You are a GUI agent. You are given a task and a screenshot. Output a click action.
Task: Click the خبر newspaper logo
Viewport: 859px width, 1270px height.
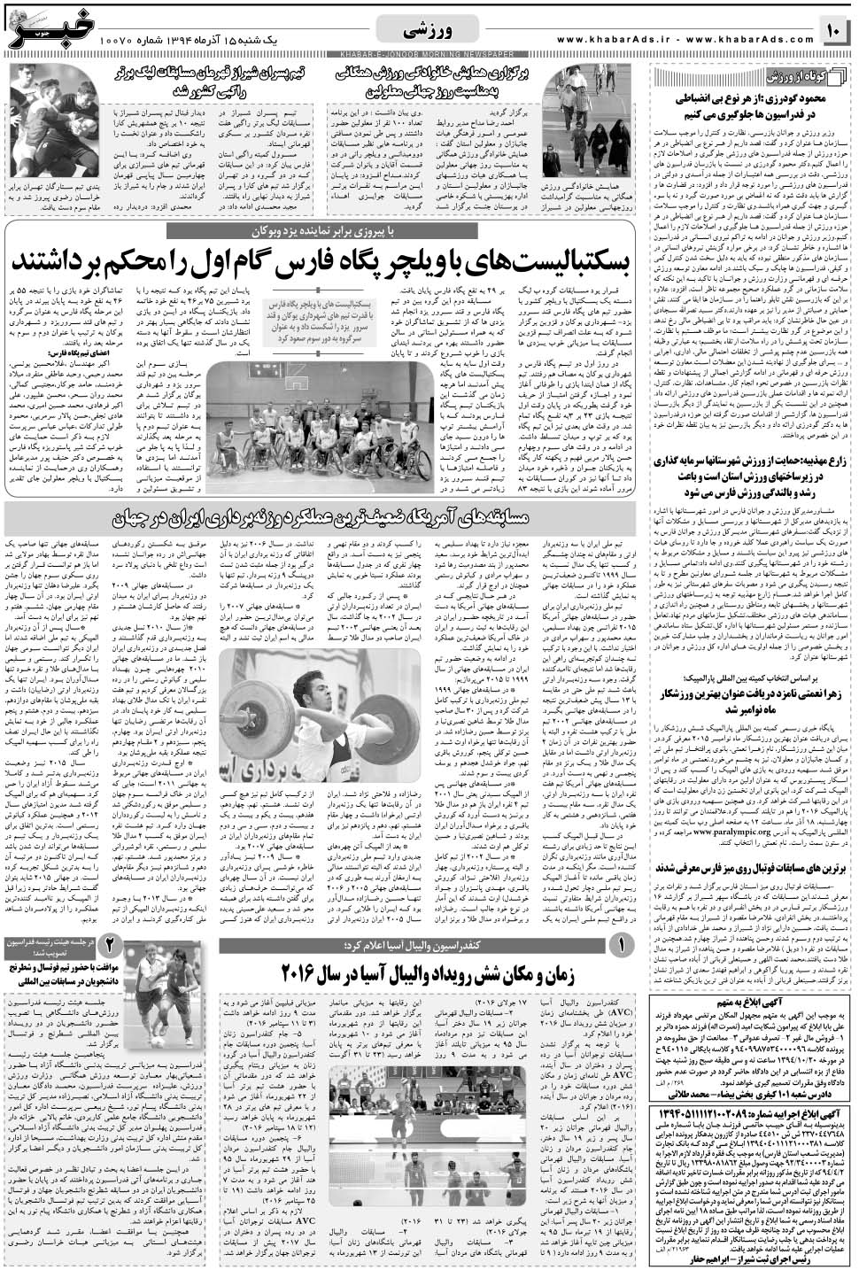point(48,28)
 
